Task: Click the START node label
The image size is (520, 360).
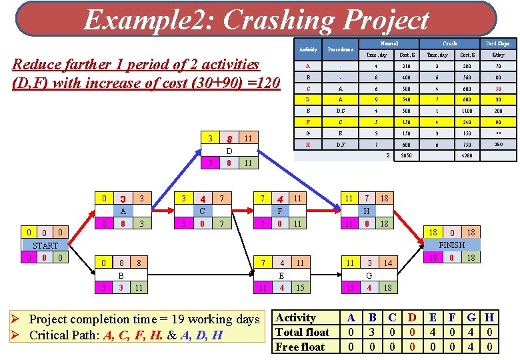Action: click(45, 245)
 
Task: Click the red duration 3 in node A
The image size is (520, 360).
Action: click(123, 199)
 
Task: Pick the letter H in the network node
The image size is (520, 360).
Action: click(365, 211)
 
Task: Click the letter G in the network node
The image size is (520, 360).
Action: click(369, 275)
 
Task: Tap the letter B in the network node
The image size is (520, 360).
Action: click(121, 275)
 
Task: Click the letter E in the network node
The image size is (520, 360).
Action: click(282, 275)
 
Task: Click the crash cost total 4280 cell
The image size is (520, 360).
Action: click(468, 155)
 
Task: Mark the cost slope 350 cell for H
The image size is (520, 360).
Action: click(499, 143)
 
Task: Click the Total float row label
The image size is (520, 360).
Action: click(302, 332)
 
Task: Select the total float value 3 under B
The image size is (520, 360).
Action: click(373, 332)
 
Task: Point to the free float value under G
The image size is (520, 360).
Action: click(471, 347)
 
